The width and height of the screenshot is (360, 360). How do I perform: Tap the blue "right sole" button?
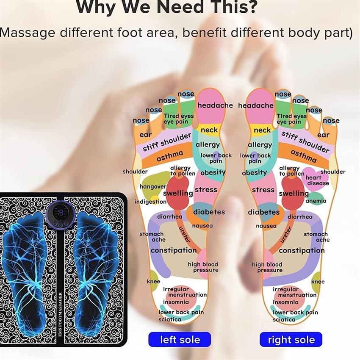[291, 339]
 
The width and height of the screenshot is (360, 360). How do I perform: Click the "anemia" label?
[316, 201]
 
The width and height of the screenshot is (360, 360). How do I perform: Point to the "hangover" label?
[153, 186]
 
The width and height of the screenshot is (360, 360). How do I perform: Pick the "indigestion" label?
[150, 202]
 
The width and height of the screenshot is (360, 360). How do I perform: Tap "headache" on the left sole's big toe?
[215, 105]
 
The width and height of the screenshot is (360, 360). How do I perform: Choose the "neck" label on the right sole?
[262, 130]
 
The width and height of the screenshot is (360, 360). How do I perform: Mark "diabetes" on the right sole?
[264, 212]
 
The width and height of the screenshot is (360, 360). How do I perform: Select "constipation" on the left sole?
[174, 250]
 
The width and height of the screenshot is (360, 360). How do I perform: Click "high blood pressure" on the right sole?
[267, 267]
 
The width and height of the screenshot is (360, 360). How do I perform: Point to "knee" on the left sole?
[154, 281]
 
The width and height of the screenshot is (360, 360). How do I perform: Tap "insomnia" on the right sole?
[285, 302]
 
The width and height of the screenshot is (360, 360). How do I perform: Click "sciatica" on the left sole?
[170, 319]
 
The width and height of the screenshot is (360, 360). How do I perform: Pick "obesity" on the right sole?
[255, 173]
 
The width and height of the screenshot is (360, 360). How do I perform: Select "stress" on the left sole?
[206, 190]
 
